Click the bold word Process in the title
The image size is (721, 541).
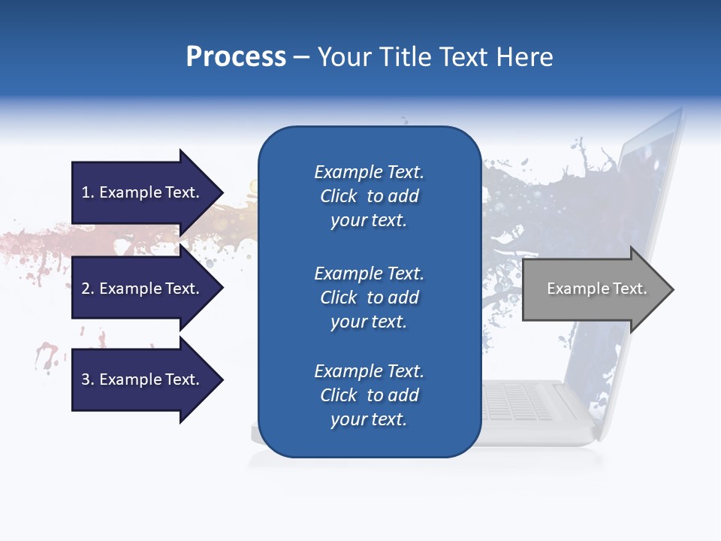[236, 57]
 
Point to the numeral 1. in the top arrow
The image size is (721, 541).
[88, 192]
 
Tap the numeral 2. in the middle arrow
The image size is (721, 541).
[88, 289]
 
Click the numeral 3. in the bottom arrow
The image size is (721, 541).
[88, 379]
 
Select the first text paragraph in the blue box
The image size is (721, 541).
[369, 196]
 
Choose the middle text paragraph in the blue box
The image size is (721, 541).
[369, 297]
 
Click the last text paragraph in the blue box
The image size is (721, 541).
[369, 395]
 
